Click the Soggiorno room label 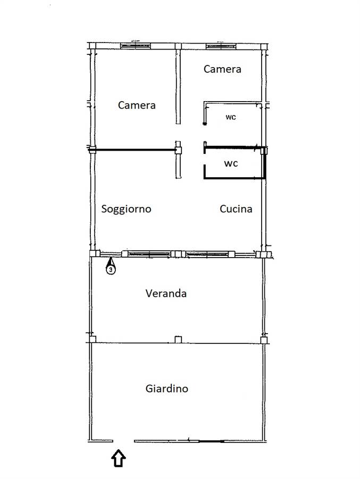point(126,209)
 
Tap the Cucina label point(236,209)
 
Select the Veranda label point(166,294)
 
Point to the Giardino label point(167,389)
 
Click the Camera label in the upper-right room point(222,69)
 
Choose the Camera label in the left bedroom point(137,105)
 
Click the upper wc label point(231,117)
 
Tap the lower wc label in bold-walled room point(231,164)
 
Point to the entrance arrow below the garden point(119,458)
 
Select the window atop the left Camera point(136,46)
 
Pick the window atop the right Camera point(221,46)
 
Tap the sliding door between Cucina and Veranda point(207,254)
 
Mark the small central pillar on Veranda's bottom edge point(178,340)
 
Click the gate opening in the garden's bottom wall point(124,441)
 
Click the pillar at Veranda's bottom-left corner point(93,339)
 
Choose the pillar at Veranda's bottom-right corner point(264,340)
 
